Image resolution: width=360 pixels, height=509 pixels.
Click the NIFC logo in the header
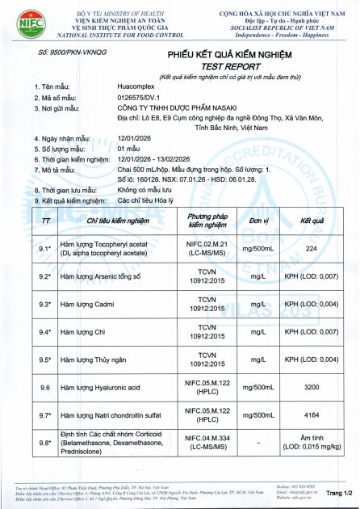click(x=20, y=22)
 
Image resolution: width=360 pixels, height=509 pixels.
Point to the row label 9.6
click(x=45, y=388)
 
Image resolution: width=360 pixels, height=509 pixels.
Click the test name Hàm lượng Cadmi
click(x=92, y=304)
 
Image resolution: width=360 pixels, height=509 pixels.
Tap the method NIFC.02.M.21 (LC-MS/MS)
click(x=208, y=248)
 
